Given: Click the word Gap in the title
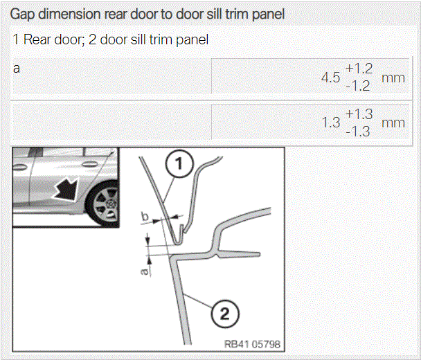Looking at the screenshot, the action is (x=23, y=15).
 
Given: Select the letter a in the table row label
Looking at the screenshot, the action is (x=17, y=69).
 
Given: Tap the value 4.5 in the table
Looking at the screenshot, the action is (x=331, y=78).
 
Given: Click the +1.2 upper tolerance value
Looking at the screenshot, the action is (x=359, y=69).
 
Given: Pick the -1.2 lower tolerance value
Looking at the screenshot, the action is (x=358, y=86).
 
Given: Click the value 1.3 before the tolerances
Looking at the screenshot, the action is (x=331, y=123).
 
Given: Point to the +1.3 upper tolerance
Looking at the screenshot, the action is (x=359, y=114).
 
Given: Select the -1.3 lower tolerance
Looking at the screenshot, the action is (x=358, y=132).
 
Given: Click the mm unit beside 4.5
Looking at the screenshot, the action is (x=393, y=78).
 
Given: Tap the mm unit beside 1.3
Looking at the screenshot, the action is (x=393, y=123).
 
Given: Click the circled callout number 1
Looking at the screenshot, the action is (x=179, y=163).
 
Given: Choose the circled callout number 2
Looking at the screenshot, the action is (x=225, y=314).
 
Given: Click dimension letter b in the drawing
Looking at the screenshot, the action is (x=145, y=217).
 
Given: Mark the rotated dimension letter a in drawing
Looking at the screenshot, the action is (x=145, y=271).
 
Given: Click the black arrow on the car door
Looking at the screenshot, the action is (x=66, y=188).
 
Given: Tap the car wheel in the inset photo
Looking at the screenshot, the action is (x=104, y=204).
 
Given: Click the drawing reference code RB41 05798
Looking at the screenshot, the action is (x=252, y=344).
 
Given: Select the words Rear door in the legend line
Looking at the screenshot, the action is (x=52, y=39).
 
